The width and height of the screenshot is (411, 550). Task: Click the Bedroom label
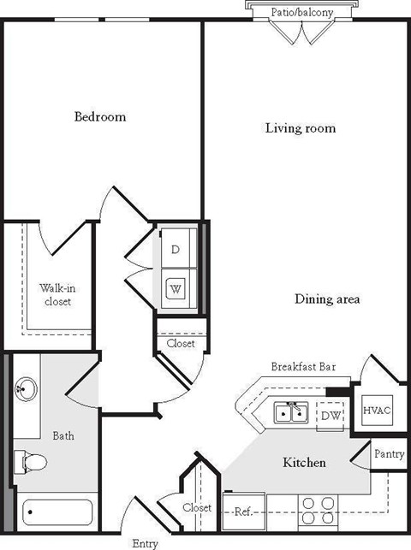tap(99, 116)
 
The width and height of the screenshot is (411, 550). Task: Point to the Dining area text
tap(327, 299)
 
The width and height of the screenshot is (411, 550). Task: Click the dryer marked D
tap(176, 249)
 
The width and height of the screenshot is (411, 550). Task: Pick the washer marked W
tap(176, 288)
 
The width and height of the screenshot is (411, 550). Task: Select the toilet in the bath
tap(31, 463)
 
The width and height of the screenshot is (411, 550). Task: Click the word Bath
tap(63, 435)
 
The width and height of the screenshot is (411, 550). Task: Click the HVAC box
tap(376, 410)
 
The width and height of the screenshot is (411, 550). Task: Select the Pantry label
tap(388, 454)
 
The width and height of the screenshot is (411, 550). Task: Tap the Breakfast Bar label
tap(302, 367)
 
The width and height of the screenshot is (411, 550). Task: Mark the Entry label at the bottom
tap(145, 542)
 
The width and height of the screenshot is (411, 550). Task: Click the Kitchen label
tap(304, 463)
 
